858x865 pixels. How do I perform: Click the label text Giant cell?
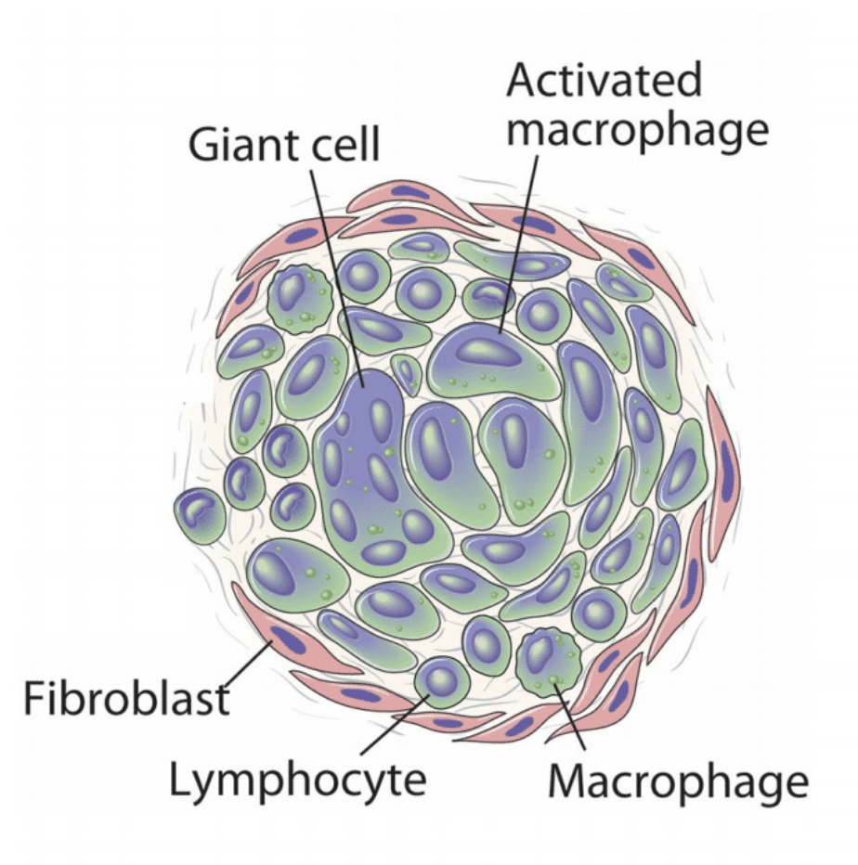click(284, 146)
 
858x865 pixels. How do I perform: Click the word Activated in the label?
click(604, 83)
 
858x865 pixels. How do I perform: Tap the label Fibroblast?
click(126, 697)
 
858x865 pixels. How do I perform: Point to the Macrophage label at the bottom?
click(678, 782)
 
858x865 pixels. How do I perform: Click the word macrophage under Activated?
click(640, 131)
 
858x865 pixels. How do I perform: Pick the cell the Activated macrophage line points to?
click(492, 357)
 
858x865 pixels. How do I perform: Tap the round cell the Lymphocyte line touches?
click(439, 680)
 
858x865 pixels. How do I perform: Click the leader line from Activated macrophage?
click(520, 241)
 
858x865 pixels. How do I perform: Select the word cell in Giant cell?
click(344, 146)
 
